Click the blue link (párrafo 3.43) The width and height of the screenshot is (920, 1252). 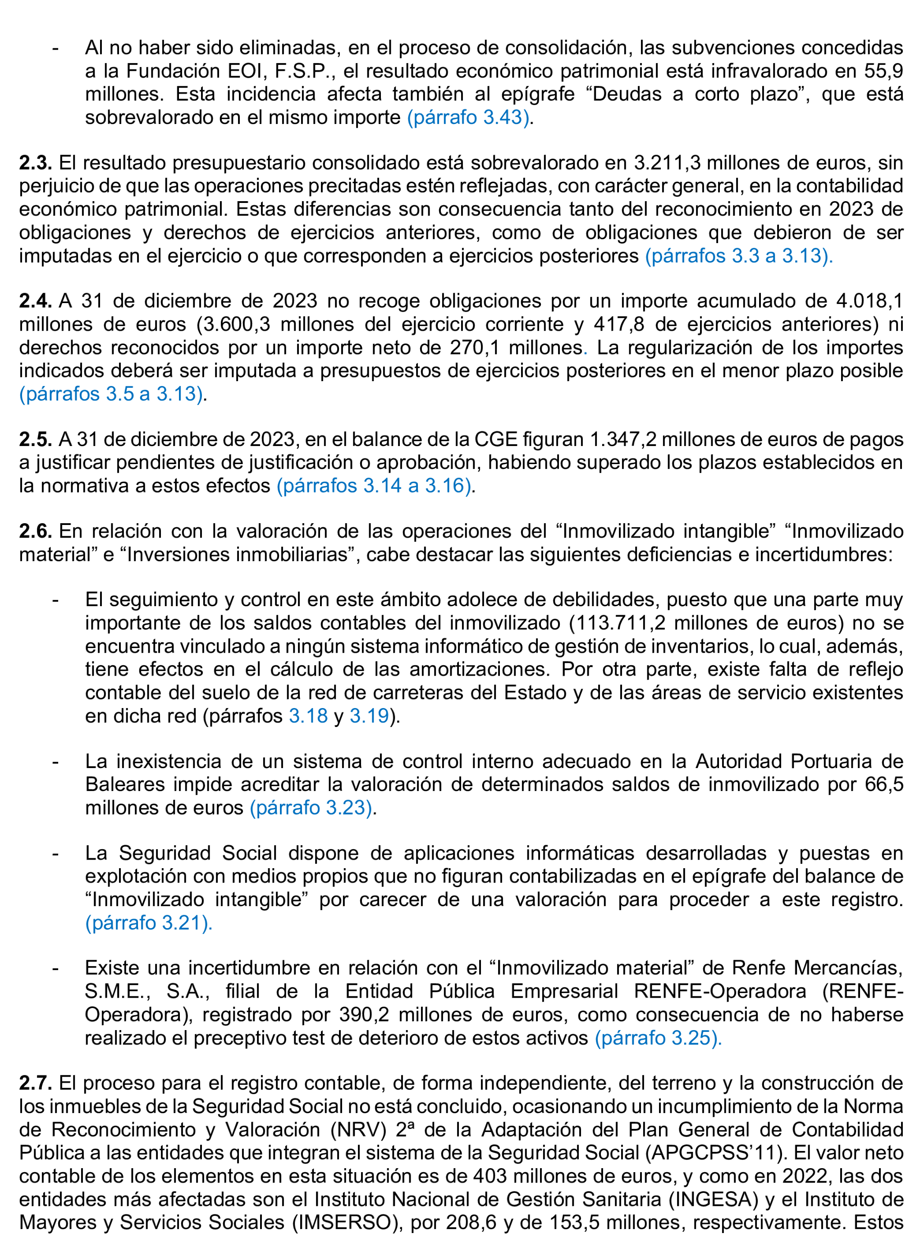pyautogui.click(x=468, y=118)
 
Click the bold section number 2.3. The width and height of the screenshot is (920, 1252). pyautogui.click(x=35, y=163)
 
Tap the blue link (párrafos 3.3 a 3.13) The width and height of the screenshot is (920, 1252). pyautogui.click(x=738, y=256)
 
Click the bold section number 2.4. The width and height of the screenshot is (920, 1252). pyautogui.click(x=35, y=301)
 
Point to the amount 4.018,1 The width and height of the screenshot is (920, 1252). pyautogui.click(x=869, y=301)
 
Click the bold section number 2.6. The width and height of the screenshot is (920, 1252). pyautogui.click(x=35, y=532)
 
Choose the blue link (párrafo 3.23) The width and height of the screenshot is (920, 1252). pyautogui.click(x=311, y=807)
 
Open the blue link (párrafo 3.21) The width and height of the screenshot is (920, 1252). pyautogui.click(x=148, y=923)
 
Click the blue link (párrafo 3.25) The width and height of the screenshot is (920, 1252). pyautogui.click(x=658, y=1038)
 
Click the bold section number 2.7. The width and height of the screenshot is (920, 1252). pyautogui.click(x=35, y=1083)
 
